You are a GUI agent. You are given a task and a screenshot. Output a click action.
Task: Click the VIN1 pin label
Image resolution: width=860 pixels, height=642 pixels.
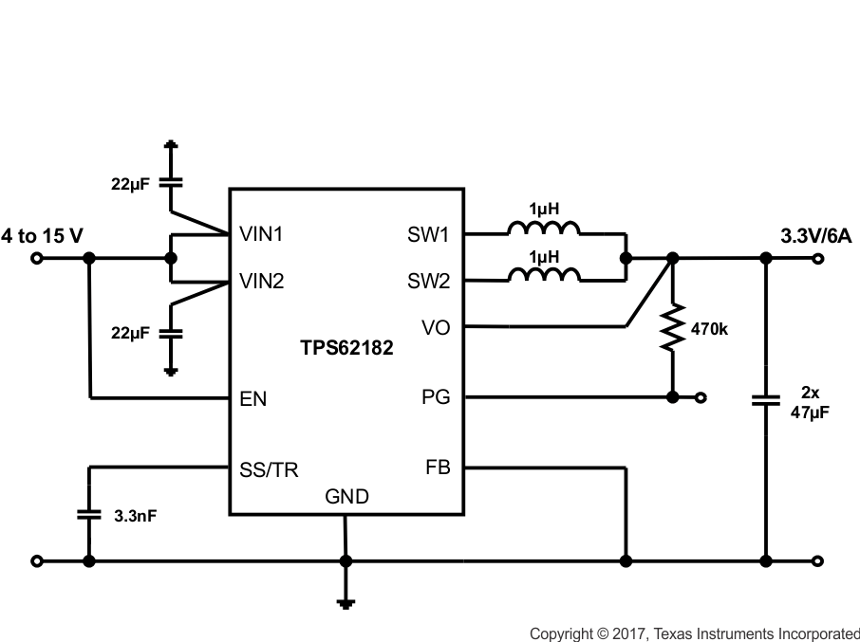(262, 232)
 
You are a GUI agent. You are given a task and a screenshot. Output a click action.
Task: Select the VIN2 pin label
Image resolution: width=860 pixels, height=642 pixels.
(262, 282)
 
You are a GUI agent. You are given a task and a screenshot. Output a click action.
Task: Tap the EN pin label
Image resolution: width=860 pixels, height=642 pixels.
(252, 398)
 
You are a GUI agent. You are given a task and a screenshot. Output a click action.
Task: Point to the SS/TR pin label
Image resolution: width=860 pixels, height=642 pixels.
(269, 470)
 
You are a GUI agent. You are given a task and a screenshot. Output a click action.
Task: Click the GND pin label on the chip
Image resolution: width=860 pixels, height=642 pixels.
(346, 496)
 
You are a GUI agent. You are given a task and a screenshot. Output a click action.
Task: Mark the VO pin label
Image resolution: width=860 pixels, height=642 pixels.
(437, 328)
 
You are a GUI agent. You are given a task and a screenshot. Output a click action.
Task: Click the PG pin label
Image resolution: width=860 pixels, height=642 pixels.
(437, 397)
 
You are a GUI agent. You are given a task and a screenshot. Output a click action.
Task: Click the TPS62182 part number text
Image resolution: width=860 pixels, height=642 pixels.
(346, 349)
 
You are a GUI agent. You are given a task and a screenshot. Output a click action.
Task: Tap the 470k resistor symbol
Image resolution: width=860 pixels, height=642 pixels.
(672, 328)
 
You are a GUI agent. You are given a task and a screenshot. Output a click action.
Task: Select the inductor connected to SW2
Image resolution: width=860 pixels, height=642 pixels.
(544, 275)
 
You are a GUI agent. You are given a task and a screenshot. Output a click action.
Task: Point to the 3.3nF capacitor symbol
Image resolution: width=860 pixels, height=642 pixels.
(88, 515)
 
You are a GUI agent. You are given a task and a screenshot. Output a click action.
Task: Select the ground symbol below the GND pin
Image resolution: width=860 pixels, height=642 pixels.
(346, 600)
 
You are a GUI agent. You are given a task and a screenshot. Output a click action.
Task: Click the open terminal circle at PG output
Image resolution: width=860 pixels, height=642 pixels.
(701, 397)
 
